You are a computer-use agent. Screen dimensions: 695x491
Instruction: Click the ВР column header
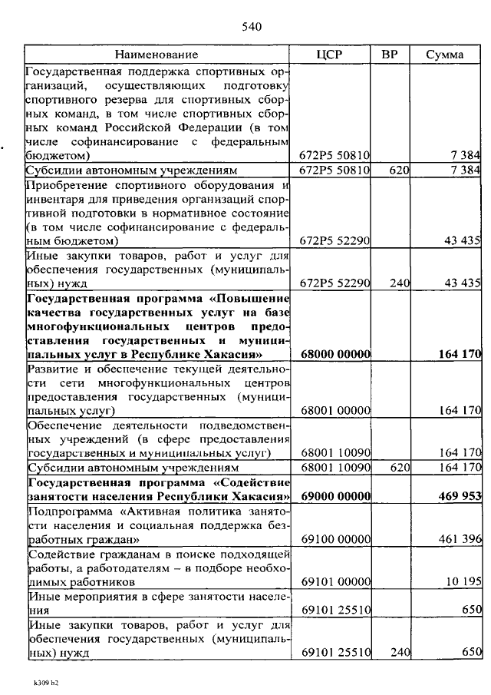coord(389,55)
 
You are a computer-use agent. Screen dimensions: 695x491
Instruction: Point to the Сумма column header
coord(444,55)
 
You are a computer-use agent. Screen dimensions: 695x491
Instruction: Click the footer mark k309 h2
coord(45,681)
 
